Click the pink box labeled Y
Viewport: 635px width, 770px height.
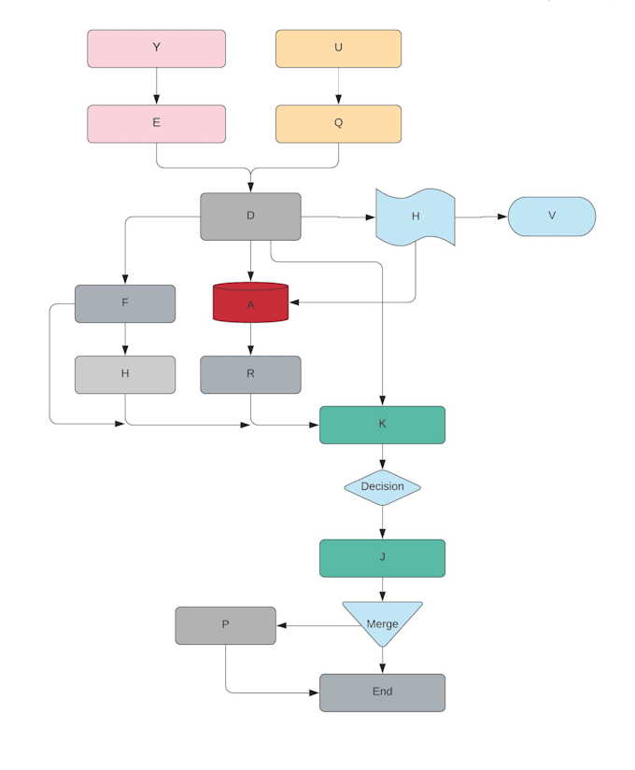(156, 49)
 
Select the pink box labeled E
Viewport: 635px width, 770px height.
(156, 124)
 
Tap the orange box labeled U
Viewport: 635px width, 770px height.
(338, 49)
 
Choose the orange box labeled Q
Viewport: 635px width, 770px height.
(338, 124)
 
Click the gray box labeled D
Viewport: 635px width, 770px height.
(250, 217)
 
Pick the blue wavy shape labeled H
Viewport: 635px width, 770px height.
(416, 217)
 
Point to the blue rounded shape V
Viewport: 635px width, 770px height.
(552, 217)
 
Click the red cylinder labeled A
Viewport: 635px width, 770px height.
(250, 302)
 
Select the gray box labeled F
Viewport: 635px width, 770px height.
(125, 303)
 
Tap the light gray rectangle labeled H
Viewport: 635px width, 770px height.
(125, 374)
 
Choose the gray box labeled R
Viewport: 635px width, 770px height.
(250, 374)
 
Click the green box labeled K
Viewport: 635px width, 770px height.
(382, 425)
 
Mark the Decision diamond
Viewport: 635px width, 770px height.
(382, 487)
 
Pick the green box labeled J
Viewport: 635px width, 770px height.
(382, 558)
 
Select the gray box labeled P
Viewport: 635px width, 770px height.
(226, 625)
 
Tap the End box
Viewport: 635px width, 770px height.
(382, 693)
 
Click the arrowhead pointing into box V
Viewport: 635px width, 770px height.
(502, 217)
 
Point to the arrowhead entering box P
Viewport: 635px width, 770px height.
(282, 625)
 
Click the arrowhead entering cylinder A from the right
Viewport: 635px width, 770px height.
(294, 302)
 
